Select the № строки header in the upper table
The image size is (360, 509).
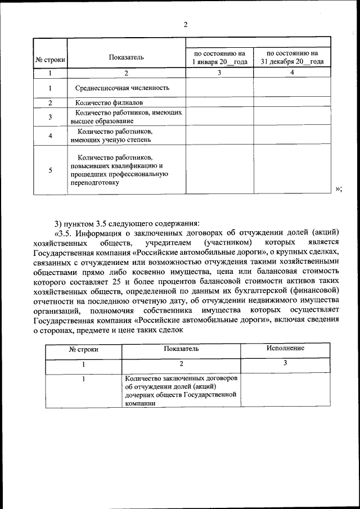coord(50,58)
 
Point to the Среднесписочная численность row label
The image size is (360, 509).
coord(122,88)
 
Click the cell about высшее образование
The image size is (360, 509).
coord(126,116)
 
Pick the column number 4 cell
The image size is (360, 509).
coord(291,73)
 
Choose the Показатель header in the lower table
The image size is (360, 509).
coord(181,349)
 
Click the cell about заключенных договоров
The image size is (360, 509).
coord(181,390)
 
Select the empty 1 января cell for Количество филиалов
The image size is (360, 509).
coord(220,103)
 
